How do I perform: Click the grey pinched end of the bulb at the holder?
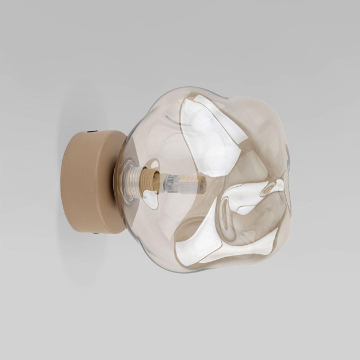click(165, 183)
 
